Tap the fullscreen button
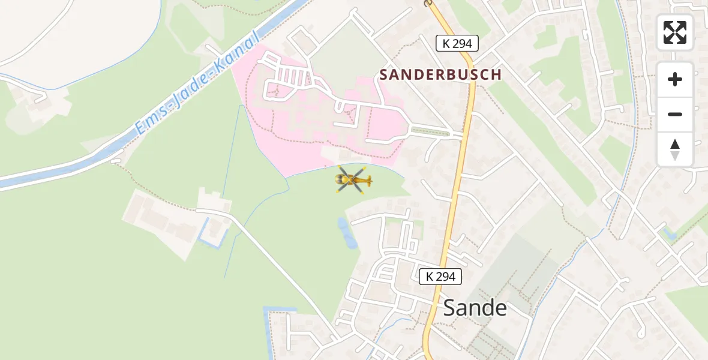pos(675,32)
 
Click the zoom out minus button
pos(675,114)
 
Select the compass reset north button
pos(675,149)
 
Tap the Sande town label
pos(475,308)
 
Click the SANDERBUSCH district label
pos(440,74)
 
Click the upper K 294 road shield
pos(457,43)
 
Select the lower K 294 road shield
pos(440,277)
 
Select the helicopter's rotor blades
pos(348,179)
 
